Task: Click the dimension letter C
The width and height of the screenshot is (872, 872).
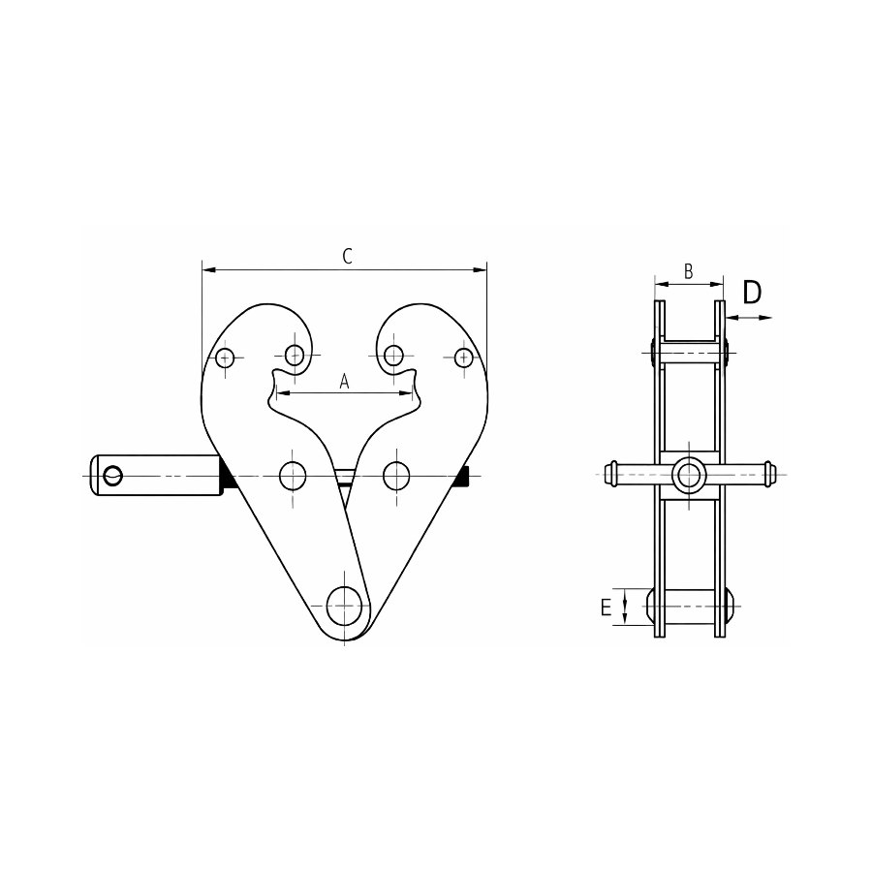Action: [347, 257]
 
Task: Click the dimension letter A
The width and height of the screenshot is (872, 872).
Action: [344, 382]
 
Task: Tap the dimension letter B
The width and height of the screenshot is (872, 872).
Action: [689, 271]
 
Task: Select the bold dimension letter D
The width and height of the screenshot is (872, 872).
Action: [752, 293]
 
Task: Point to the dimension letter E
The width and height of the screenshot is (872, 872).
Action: [606, 607]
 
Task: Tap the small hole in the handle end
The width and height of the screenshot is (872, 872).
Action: [113, 475]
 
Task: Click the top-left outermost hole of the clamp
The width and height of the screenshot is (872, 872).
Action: [225, 358]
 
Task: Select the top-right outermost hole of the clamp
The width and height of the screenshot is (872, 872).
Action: [463, 357]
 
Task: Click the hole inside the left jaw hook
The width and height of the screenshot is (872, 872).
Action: [295, 355]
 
